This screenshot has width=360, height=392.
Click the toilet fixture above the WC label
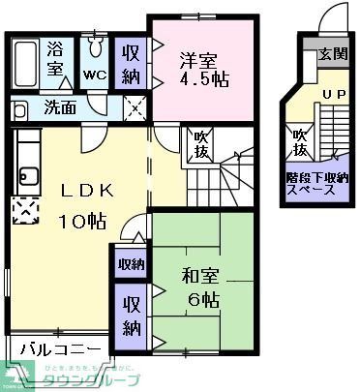pyautogui.click(x=95, y=48)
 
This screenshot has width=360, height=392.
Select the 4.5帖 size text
pyautogui.click(x=205, y=79)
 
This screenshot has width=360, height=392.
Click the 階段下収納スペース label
pyautogui.click(x=315, y=184)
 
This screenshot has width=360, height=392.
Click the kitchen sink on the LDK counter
pyautogui.click(x=25, y=177)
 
